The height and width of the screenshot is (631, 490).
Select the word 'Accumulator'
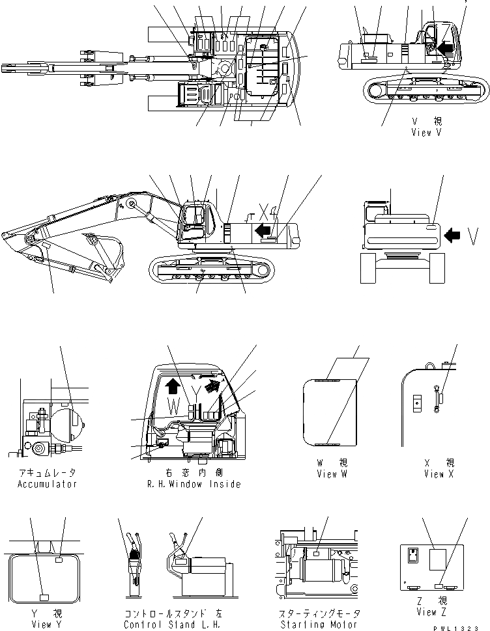(x=47, y=484)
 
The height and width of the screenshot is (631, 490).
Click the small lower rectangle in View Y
(x=44, y=597)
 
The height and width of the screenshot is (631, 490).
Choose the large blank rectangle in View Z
(x=438, y=560)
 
